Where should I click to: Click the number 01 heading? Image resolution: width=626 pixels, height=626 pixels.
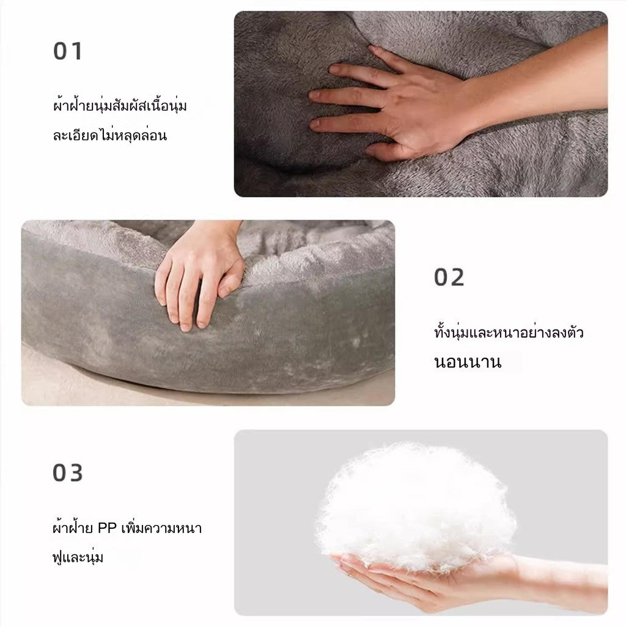[68, 51]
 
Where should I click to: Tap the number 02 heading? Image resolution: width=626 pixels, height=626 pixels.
[449, 277]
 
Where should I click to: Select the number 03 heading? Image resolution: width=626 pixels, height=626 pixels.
[68, 473]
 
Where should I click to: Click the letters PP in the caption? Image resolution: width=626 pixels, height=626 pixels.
[107, 528]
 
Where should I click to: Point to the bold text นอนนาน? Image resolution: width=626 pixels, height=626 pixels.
[468, 362]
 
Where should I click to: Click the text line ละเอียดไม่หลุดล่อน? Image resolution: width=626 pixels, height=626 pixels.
[110, 135]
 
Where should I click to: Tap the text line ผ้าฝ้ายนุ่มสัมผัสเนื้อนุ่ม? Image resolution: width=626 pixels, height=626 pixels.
[120, 105]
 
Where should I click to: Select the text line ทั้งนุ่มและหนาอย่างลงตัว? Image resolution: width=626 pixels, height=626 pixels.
[509, 332]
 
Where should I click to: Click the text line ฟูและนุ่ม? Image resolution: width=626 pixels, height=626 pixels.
[78, 556]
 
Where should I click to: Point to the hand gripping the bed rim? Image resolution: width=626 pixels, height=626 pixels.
[200, 276]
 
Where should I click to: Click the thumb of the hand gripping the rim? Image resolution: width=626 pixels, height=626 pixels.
[230, 281]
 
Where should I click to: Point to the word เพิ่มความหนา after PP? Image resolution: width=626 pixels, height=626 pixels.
[161, 528]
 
